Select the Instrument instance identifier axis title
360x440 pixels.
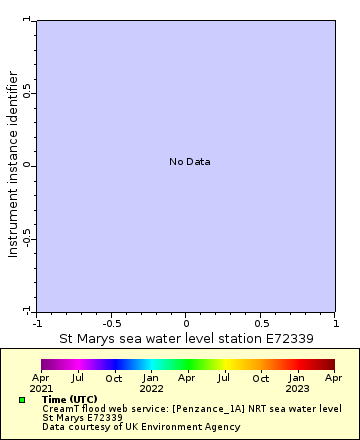(x=13, y=164)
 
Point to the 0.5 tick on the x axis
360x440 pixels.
(x=261, y=323)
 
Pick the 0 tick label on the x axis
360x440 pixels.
(x=186, y=323)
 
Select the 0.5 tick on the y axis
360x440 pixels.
(x=28, y=92)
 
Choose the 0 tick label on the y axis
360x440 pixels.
(x=28, y=165)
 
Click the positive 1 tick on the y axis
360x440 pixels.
(x=28, y=19)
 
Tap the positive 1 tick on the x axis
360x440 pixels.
(x=335, y=323)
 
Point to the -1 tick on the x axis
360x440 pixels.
(x=37, y=323)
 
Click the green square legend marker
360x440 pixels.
(x=22, y=400)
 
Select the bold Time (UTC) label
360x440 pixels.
(x=70, y=399)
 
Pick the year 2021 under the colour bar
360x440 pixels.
(x=41, y=388)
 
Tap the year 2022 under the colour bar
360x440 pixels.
(x=151, y=388)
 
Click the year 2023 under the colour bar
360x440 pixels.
(x=297, y=388)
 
